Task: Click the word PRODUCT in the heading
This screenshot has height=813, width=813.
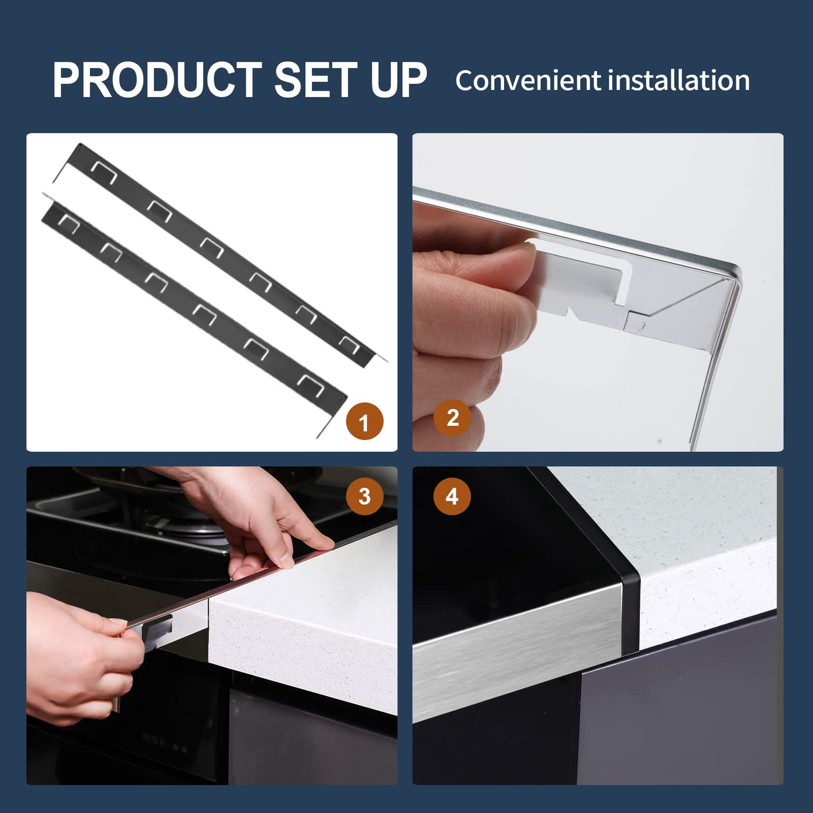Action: point(157,80)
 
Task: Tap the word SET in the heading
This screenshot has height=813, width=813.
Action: point(315,80)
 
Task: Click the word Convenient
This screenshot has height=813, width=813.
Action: point(528,81)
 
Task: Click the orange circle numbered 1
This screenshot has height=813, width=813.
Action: point(365,422)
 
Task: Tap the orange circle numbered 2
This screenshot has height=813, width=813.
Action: point(452,418)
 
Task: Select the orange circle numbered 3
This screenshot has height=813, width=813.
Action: point(365,496)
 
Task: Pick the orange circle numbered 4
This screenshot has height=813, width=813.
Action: point(452,496)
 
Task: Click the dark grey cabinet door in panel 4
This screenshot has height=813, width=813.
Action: point(679,700)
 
